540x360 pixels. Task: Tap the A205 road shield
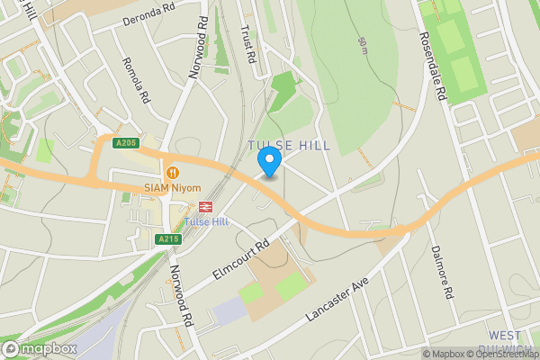(x=125, y=143)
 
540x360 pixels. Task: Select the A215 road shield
(x=167, y=238)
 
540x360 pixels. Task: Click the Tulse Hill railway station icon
(x=194, y=206)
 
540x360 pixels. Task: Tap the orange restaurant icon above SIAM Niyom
(x=172, y=172)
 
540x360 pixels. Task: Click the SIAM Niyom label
(x=171, y=187)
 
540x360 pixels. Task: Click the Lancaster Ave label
(x=337, y=297)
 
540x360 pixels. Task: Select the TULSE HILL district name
(x=289, y=146)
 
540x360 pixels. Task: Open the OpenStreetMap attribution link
(x=504, y=354)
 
